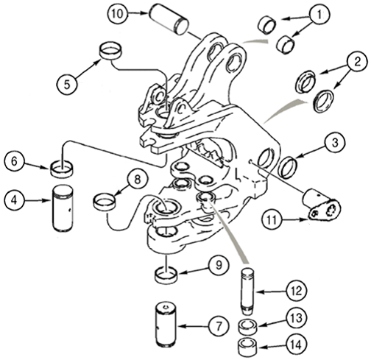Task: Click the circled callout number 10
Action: coord(117,14)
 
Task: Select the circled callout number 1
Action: coord(319,15)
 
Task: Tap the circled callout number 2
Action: coord(358,62)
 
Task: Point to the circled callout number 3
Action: coord(335,143)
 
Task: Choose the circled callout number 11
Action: coord(272,220)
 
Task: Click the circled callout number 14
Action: coord(297,345)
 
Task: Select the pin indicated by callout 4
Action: coord(63,208)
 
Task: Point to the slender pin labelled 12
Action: coord(247,292)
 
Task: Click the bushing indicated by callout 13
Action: coord(248,326)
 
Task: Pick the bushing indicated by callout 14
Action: coord(248,347)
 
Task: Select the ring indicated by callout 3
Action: coord(289,167)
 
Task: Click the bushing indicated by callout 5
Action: coord(110,50)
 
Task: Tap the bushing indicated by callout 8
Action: coord(105,202)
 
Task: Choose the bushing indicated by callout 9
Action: coord(166,275)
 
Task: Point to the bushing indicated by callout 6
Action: coord(62,168)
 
